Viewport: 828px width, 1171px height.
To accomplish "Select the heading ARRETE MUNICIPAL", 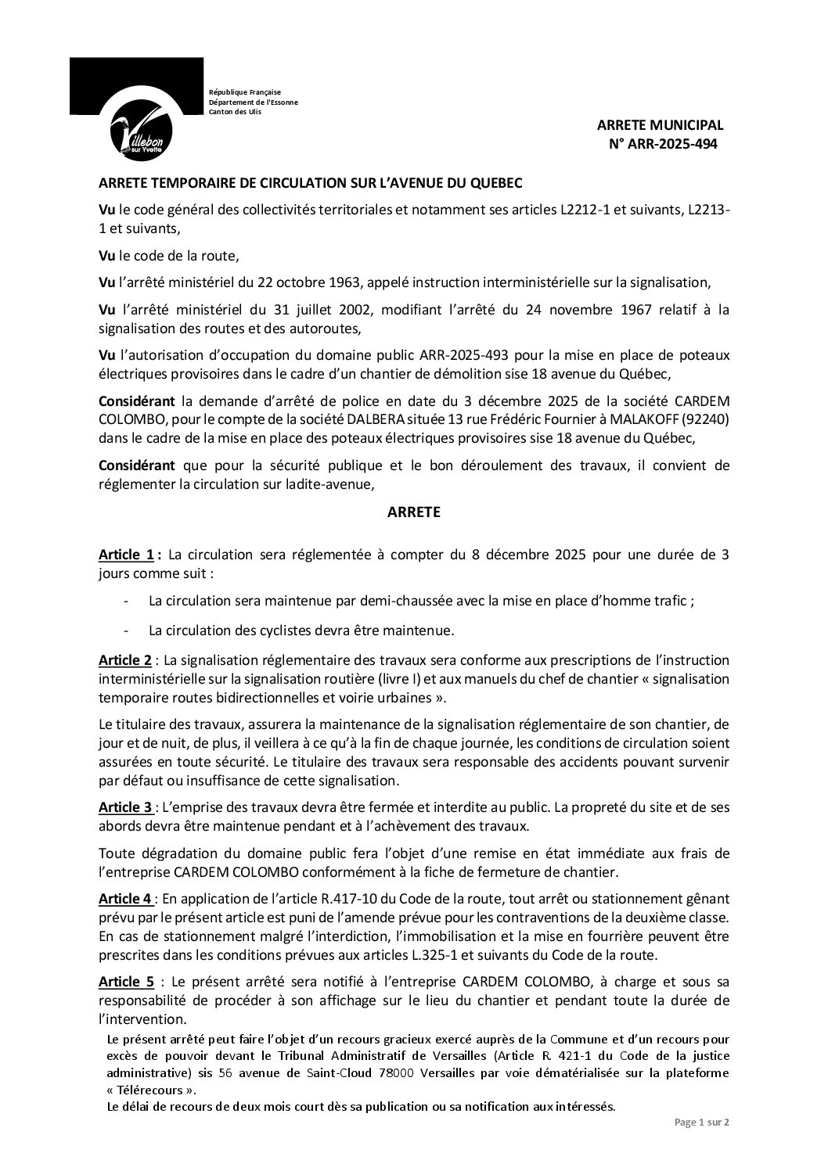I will pos(660,124).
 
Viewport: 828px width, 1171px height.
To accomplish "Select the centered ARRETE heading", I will pos(414,512).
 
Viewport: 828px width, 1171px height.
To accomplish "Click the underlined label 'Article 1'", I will pos(125,555).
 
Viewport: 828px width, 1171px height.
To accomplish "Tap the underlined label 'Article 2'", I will pos(125,660).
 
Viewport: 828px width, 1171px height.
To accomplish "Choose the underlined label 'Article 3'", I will pos(125,806).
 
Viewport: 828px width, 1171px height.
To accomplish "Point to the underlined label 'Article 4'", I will pos(125,899).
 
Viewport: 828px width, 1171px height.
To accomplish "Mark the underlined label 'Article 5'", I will pos(125,982).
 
